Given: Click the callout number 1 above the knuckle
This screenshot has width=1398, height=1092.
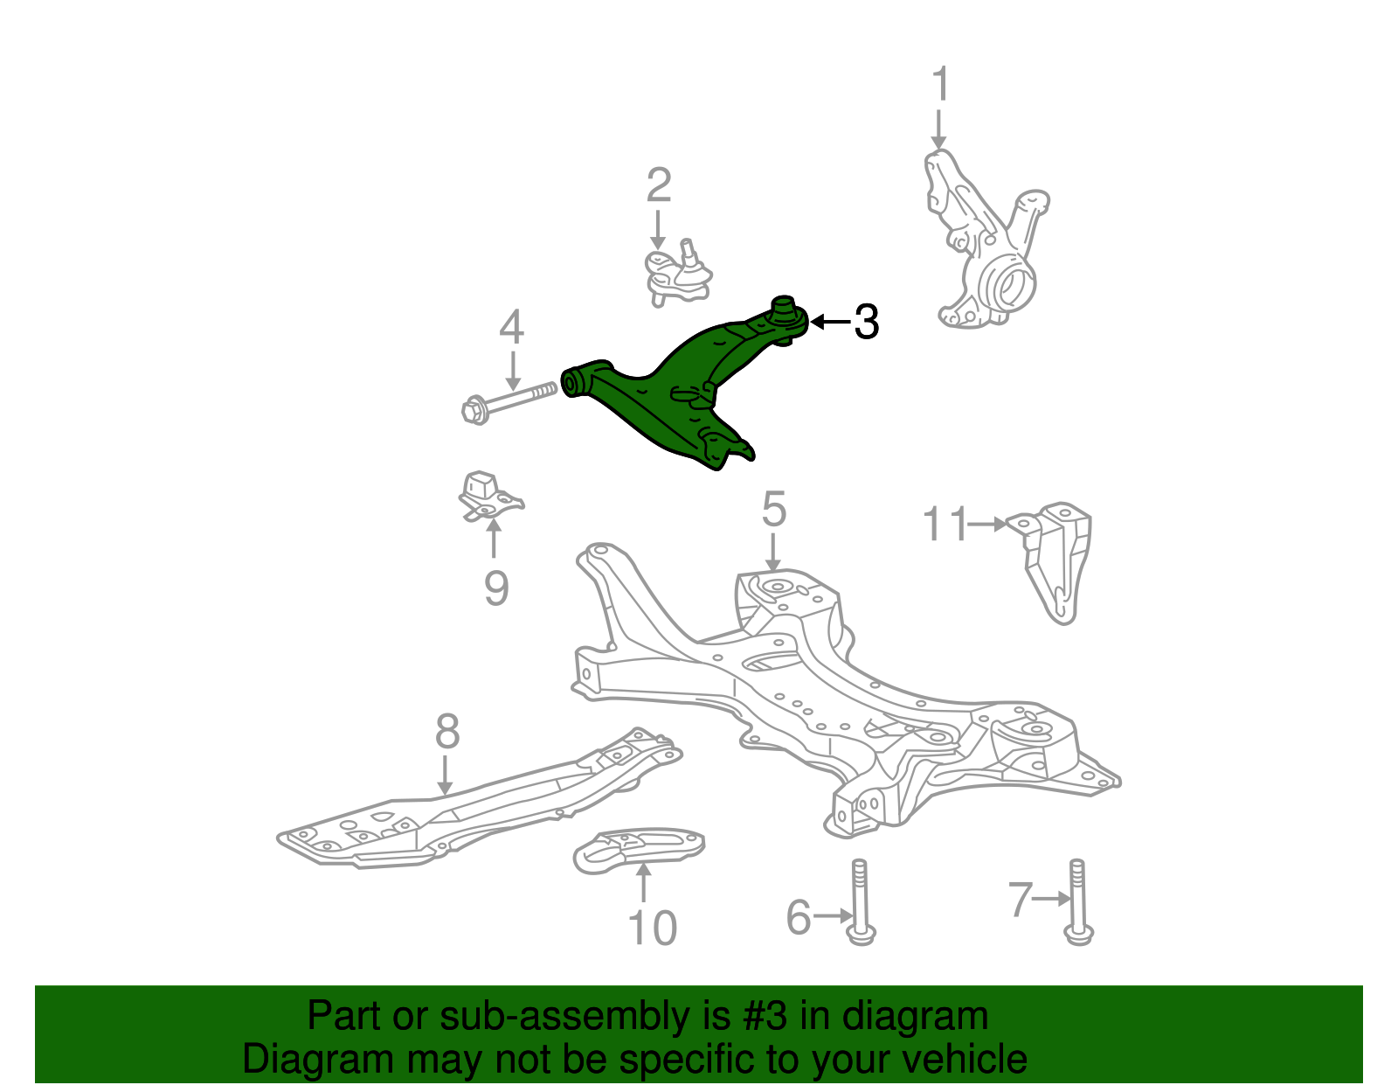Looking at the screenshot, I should coord(939,85).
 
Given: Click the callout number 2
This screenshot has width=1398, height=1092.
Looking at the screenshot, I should coord(659,185).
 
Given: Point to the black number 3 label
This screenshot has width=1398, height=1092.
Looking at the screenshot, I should coord(865,323).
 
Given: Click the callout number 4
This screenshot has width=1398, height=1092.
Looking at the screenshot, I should coord(511,327).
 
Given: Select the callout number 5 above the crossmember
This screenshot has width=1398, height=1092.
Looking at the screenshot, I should coord(774,510).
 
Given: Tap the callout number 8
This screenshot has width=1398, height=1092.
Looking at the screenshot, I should coord(446,732).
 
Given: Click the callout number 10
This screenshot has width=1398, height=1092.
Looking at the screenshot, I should coord(652,929).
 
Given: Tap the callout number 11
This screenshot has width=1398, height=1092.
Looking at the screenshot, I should coord(945,524).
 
